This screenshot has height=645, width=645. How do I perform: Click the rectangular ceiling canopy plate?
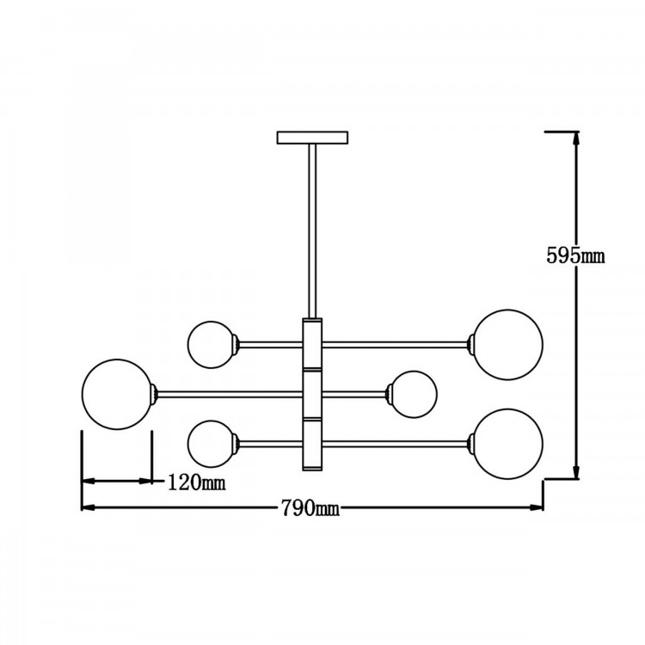(x=313, y=137)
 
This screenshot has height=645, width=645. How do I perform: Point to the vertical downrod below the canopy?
(x=313, y=228)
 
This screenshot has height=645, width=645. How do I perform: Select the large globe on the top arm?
(x=509, y=344)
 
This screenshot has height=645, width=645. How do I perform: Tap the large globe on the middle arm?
(x=117, y=395)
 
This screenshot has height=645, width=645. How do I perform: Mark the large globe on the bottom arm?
(x=507, y=444)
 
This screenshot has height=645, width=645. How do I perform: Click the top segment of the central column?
(x=313, y=344)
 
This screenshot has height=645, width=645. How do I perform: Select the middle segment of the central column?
(x=313, y=395)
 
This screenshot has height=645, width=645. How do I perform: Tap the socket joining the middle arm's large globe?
(x=156, y=395)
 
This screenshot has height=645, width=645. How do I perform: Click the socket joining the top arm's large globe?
(x=470, y=344)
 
